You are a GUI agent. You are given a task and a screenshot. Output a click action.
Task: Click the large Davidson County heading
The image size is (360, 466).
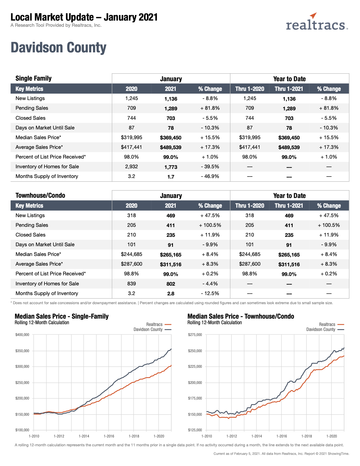point(59,48)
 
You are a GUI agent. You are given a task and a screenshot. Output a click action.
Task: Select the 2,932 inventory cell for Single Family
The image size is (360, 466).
point(131,167)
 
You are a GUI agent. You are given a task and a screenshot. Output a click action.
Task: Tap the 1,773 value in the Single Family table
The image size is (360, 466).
point(171,167)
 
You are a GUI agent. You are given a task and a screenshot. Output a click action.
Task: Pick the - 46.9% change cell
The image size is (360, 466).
point(210,176)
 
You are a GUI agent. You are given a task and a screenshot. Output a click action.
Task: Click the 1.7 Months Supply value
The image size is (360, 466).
point(171,177)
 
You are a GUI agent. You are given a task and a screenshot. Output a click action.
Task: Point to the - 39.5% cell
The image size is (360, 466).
point(210,167)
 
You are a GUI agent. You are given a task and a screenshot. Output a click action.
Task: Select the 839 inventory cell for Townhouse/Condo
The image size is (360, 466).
point(131,284)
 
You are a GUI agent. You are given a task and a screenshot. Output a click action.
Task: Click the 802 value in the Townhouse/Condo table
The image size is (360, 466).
point(171,284)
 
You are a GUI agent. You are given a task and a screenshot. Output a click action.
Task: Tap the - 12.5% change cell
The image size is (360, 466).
point(210,293)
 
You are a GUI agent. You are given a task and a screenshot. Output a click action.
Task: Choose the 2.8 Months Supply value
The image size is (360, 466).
point(171,294)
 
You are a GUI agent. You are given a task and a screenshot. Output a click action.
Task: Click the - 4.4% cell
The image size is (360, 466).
point(210,284)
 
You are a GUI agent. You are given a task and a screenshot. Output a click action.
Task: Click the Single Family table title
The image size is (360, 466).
point(34,78)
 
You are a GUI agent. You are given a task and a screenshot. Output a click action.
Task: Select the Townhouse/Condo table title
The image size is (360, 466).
point(40,195)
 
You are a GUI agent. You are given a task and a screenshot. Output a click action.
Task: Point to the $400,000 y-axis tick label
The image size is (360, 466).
point(22,335)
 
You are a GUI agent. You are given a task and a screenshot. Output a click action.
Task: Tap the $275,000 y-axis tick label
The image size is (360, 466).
point(195,335)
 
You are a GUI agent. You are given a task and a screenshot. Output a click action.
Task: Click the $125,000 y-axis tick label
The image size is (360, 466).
point(195,430)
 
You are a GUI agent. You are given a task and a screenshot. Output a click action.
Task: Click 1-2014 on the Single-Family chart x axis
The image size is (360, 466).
point(84,436)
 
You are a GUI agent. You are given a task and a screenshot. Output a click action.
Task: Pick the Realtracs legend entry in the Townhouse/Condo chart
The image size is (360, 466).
point(331,324)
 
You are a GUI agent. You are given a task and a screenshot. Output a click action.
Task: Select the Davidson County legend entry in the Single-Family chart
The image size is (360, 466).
point(152,329)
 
